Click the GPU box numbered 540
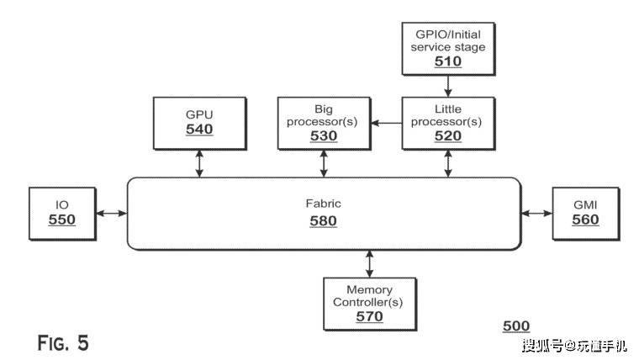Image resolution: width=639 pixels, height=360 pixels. point(200,123)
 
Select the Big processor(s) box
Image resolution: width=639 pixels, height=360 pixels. point(324,123)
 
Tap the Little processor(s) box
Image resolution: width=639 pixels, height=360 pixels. point(448,123)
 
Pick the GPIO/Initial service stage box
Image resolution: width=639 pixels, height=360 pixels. point(448,49)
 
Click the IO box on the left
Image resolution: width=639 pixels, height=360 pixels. point(62,214)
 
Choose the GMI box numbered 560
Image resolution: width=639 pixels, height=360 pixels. point(586,214)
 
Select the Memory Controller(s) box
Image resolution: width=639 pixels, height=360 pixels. point(370,304)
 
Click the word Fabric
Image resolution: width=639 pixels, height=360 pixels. point(323,204)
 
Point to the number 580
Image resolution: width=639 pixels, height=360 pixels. point(323,221)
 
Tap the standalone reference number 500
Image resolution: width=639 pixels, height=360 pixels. point(516,326)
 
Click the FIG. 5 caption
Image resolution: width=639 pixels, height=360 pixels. point(63,343)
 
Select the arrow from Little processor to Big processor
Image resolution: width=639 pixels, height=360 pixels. point(386,123)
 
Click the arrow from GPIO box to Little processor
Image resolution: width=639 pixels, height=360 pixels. point(448,86)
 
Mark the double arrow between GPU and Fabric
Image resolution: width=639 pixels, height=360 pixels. point(199,163)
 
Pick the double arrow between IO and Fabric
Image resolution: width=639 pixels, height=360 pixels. point(112,213)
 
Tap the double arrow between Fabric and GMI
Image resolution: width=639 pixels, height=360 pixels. point(536,213)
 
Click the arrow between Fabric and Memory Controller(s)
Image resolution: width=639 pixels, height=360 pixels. point(369,264)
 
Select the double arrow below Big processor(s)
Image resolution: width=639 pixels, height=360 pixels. point(324,163)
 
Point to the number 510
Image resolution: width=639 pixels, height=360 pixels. point(448,61)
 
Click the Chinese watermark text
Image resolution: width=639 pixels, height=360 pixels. point(574,346)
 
